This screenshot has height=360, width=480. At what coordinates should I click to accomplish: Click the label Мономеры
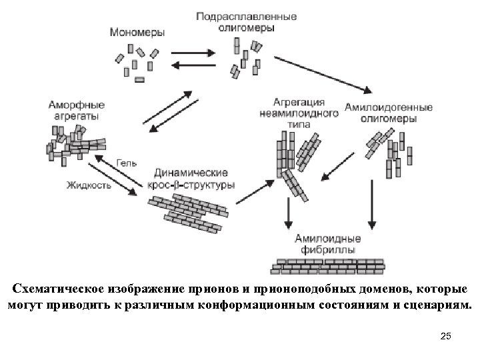[139, 31]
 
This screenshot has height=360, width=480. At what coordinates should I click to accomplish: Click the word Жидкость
[89, 185]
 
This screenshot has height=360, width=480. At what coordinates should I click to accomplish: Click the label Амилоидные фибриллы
[327, 244]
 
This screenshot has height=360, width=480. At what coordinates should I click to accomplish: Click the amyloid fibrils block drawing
[329, 265]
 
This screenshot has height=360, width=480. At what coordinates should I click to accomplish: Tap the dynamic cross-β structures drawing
[187, 212]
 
